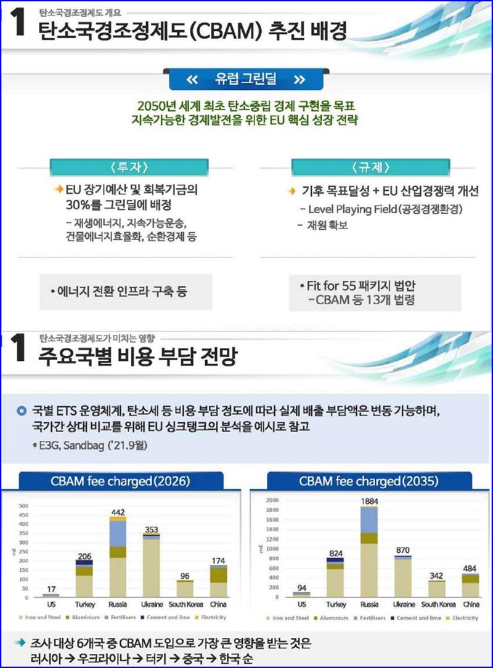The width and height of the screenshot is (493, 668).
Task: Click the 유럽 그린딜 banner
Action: [246, 79]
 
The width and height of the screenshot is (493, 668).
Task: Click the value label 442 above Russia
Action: [119, 512]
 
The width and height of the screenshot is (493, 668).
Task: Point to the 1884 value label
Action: [369, 502]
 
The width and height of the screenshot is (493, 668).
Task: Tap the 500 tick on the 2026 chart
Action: [24, 506]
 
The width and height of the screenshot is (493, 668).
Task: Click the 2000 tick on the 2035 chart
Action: [271, 500]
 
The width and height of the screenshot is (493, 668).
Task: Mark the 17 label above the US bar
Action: [51, 588]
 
